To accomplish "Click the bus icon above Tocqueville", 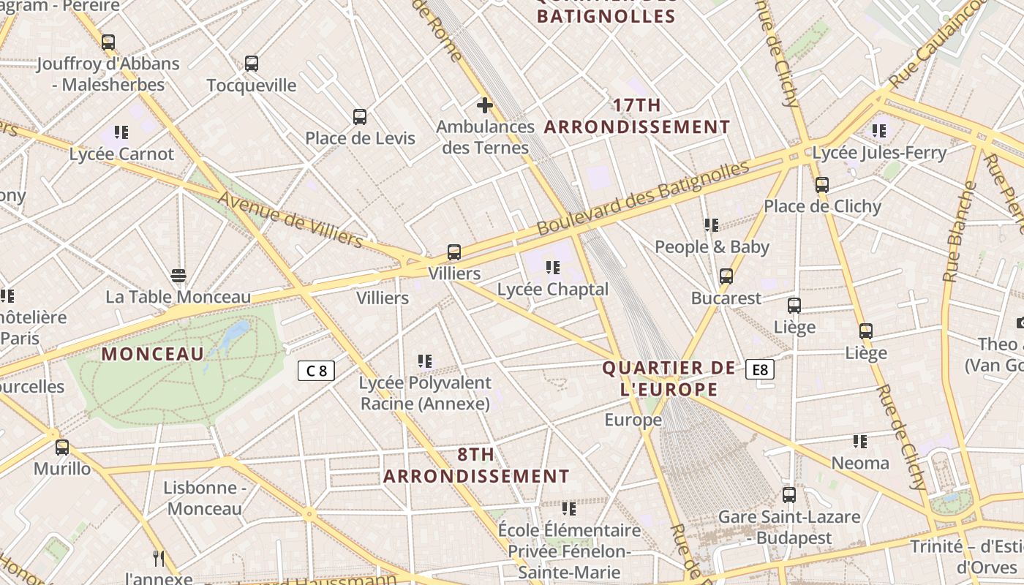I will click(252, 64).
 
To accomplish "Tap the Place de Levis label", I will click(360, 138).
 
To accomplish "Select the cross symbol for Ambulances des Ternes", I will click(484, 105).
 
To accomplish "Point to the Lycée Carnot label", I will click(121, 154).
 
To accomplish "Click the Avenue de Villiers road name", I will click(290, 219).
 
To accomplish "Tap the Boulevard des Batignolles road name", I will click(643, 198).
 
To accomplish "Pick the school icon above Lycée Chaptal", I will click(552, 268).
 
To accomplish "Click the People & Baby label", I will click(712, 247).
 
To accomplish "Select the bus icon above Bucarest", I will click(726, 276).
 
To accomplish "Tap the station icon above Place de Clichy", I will click(822, 185).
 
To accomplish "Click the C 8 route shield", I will click(316, 371).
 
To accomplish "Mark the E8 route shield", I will click(760, 369).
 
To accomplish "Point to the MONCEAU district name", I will click(153, 354).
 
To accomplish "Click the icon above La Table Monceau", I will click(178, 276).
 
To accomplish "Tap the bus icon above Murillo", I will click(62, 447).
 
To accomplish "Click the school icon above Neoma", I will click(859, 442).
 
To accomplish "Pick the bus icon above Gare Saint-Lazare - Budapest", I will click(788, 495).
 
